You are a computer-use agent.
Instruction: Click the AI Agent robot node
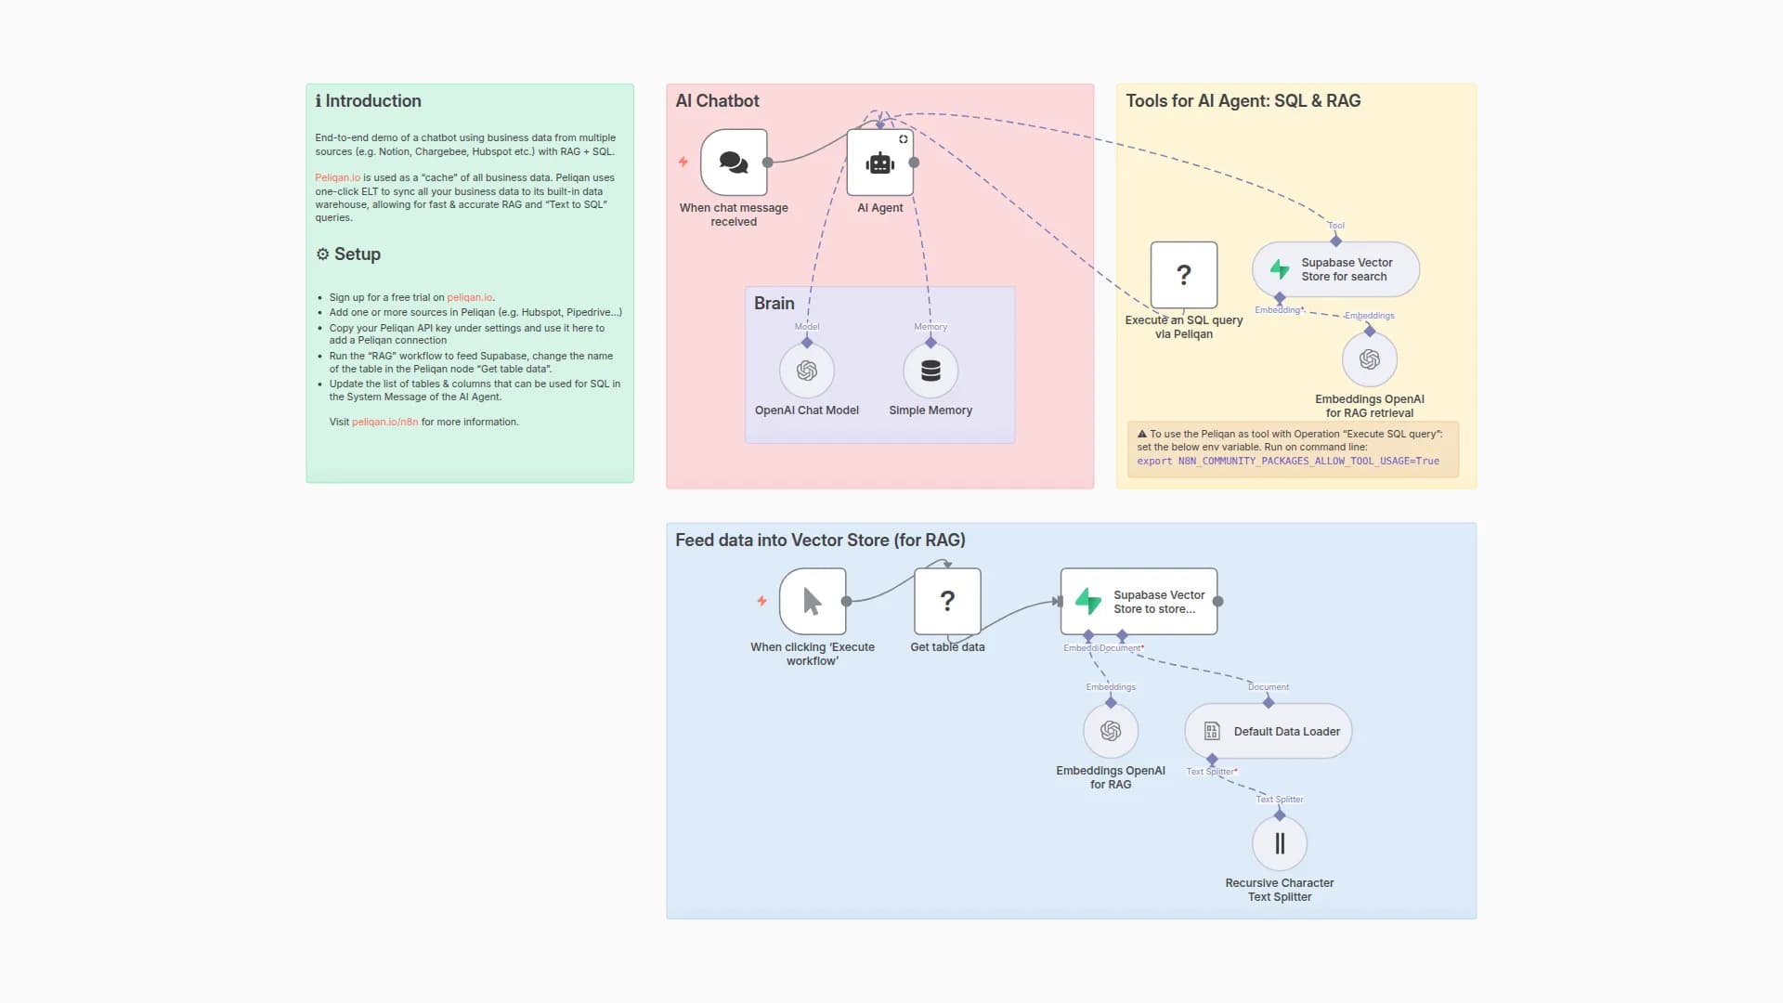[879, 163]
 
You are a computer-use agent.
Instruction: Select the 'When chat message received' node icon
[734, 163]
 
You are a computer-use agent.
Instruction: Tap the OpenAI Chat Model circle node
[806, 371]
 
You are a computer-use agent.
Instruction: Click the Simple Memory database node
[931, 371]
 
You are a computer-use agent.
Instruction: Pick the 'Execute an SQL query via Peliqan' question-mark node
[1183, 275]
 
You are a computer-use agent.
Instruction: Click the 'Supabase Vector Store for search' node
[1335, 269]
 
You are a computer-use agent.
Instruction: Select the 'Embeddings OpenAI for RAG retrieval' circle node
[1369, 359]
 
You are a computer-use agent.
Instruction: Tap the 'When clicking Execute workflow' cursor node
[813, 601]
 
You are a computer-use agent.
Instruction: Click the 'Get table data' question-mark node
[947, 601]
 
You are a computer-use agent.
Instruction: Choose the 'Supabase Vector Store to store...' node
[1139, 602]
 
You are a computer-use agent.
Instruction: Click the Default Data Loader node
[1269, 731]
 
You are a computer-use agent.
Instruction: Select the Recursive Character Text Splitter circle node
[1279, 843]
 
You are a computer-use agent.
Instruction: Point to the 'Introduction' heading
[372, 100]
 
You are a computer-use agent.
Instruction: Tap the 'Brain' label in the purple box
[774, 303]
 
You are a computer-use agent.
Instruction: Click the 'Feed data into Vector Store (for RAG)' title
[820, 540]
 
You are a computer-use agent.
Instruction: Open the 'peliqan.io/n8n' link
[384, 422]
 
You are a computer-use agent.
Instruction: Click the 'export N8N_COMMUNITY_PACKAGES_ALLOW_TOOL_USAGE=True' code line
[1287, 461]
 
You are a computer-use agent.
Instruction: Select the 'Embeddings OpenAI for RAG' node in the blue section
[1110, 731]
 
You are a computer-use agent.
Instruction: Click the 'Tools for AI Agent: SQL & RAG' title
[1243, 100]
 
